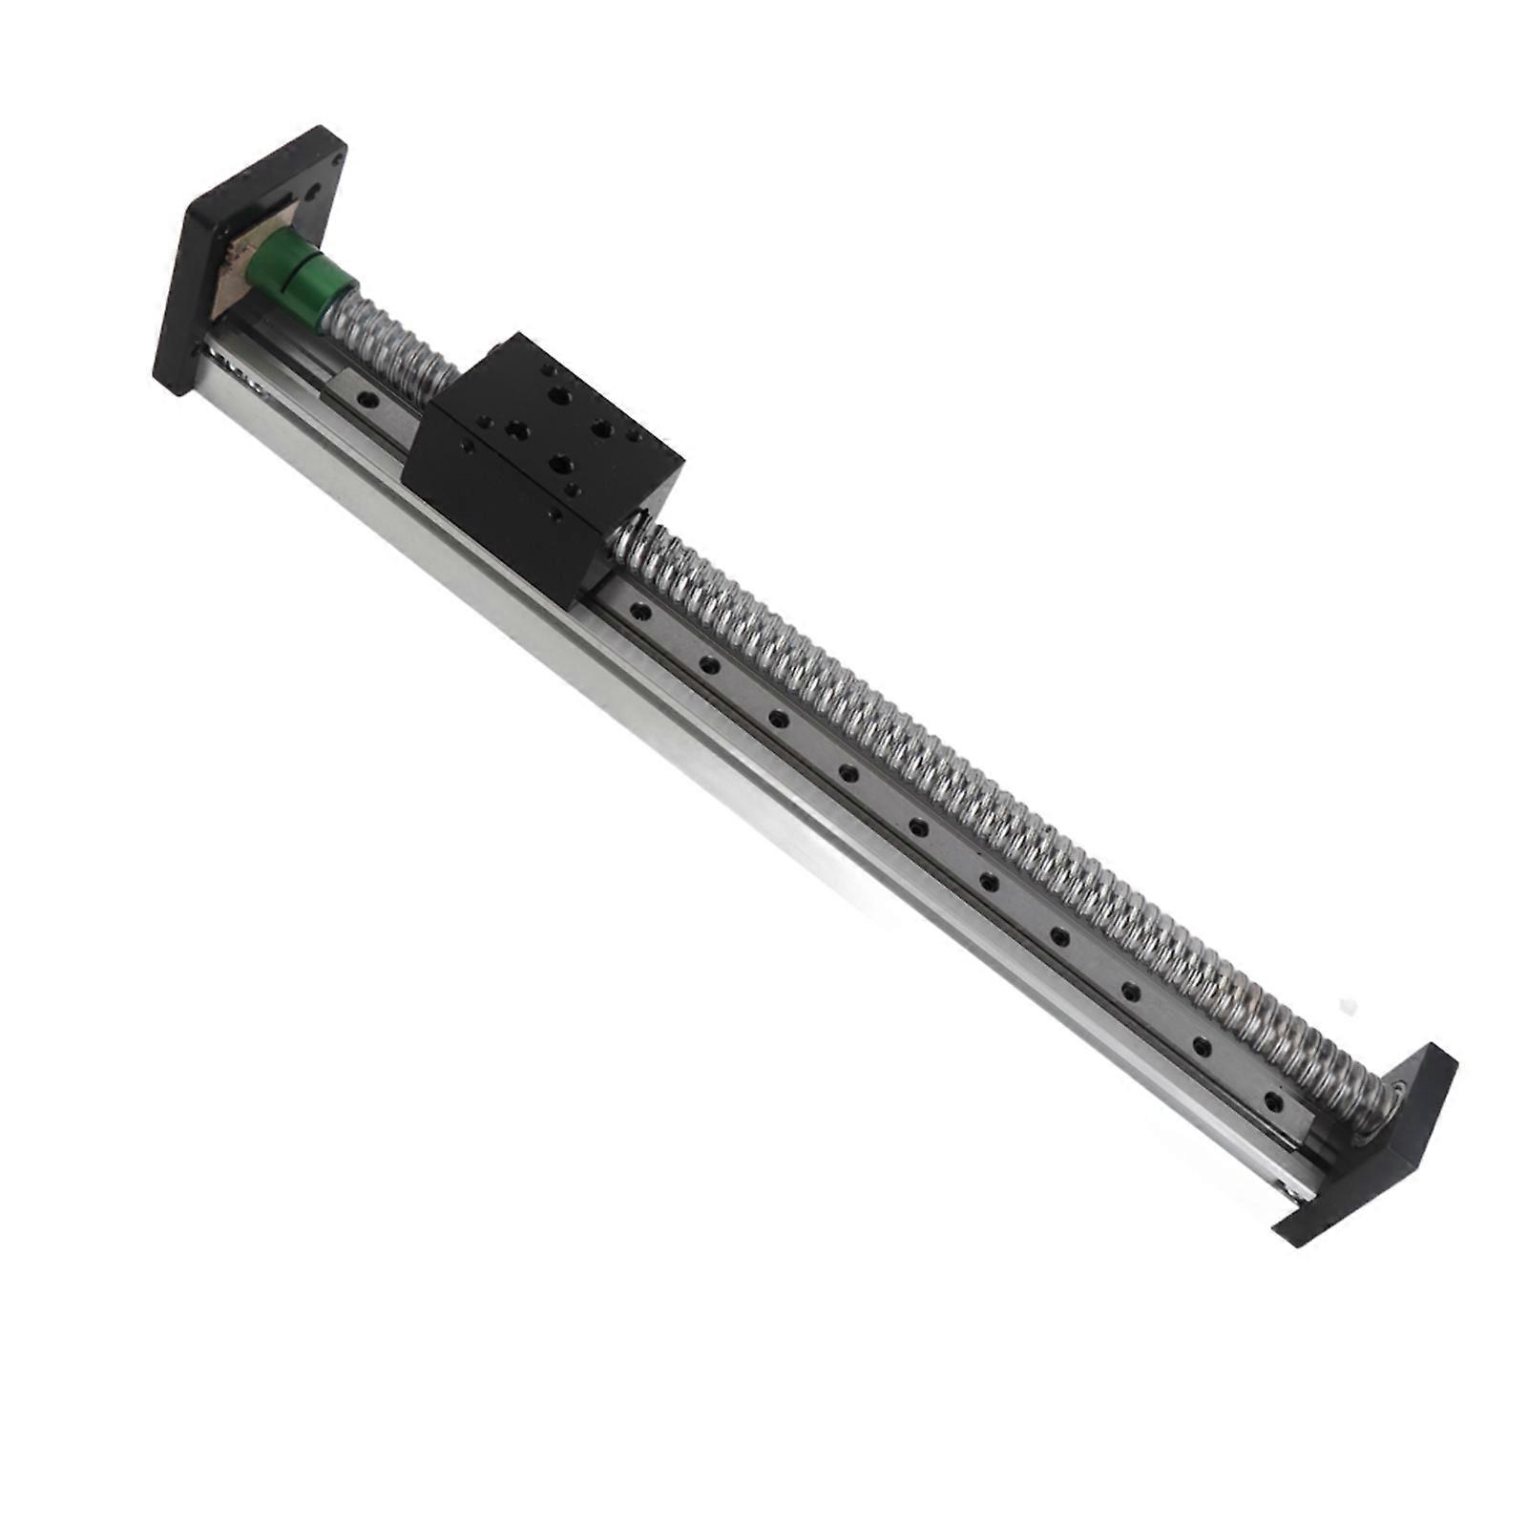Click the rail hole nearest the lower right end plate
click(x=1269, y=1098)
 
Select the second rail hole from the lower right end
click(x=1200, y=1043)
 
